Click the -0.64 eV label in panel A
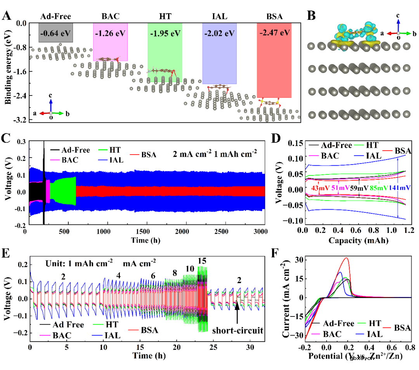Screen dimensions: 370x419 56,32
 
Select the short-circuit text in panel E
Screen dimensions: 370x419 238,331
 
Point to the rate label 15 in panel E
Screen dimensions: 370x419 202,261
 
